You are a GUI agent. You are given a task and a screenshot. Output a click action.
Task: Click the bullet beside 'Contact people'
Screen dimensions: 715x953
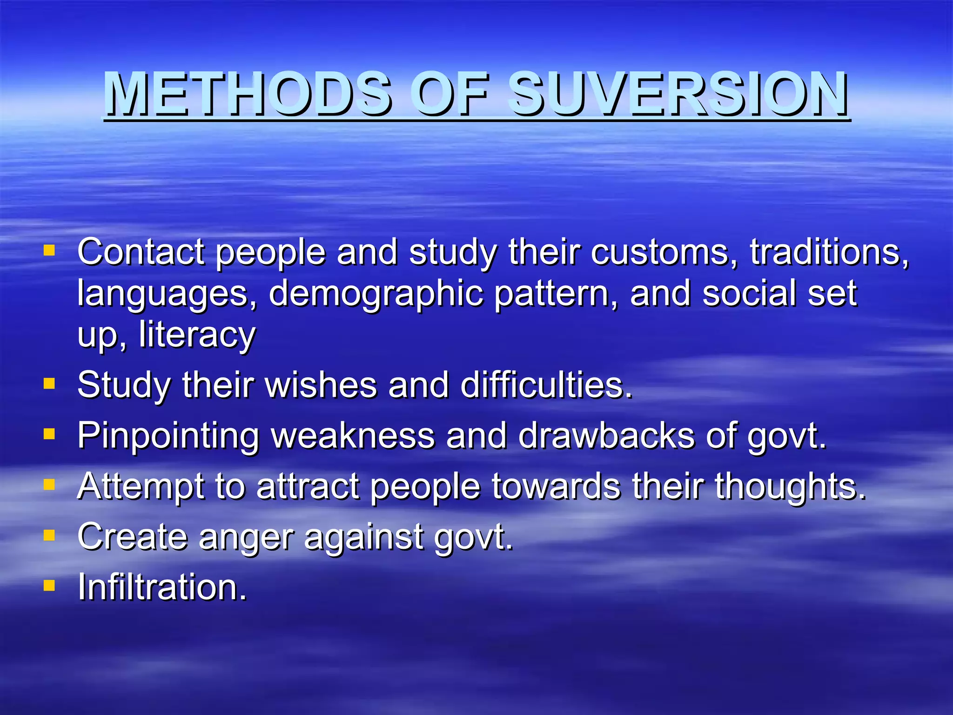pyautogui.click(x=49, y=251)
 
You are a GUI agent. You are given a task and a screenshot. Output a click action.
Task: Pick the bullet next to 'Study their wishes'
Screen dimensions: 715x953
pyautogui.click(x=49, y=384)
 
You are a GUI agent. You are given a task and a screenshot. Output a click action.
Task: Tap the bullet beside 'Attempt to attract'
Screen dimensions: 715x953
pyautogui.click(x=49, y=485)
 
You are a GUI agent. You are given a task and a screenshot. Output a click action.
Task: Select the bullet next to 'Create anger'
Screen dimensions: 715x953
pyautogui.click(x=49, y=535)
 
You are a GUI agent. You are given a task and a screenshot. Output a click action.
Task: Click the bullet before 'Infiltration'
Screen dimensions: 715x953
pyautogui.click(x=49, y=585)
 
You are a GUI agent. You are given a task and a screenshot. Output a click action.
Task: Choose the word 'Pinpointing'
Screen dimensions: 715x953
pyautogui.click(x=168, y=437)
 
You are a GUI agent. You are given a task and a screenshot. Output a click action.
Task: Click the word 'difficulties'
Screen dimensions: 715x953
pyautogui.click(x=546, y=385)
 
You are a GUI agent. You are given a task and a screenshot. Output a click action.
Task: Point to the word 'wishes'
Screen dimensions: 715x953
pyautogui.click(x=321, y=385)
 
